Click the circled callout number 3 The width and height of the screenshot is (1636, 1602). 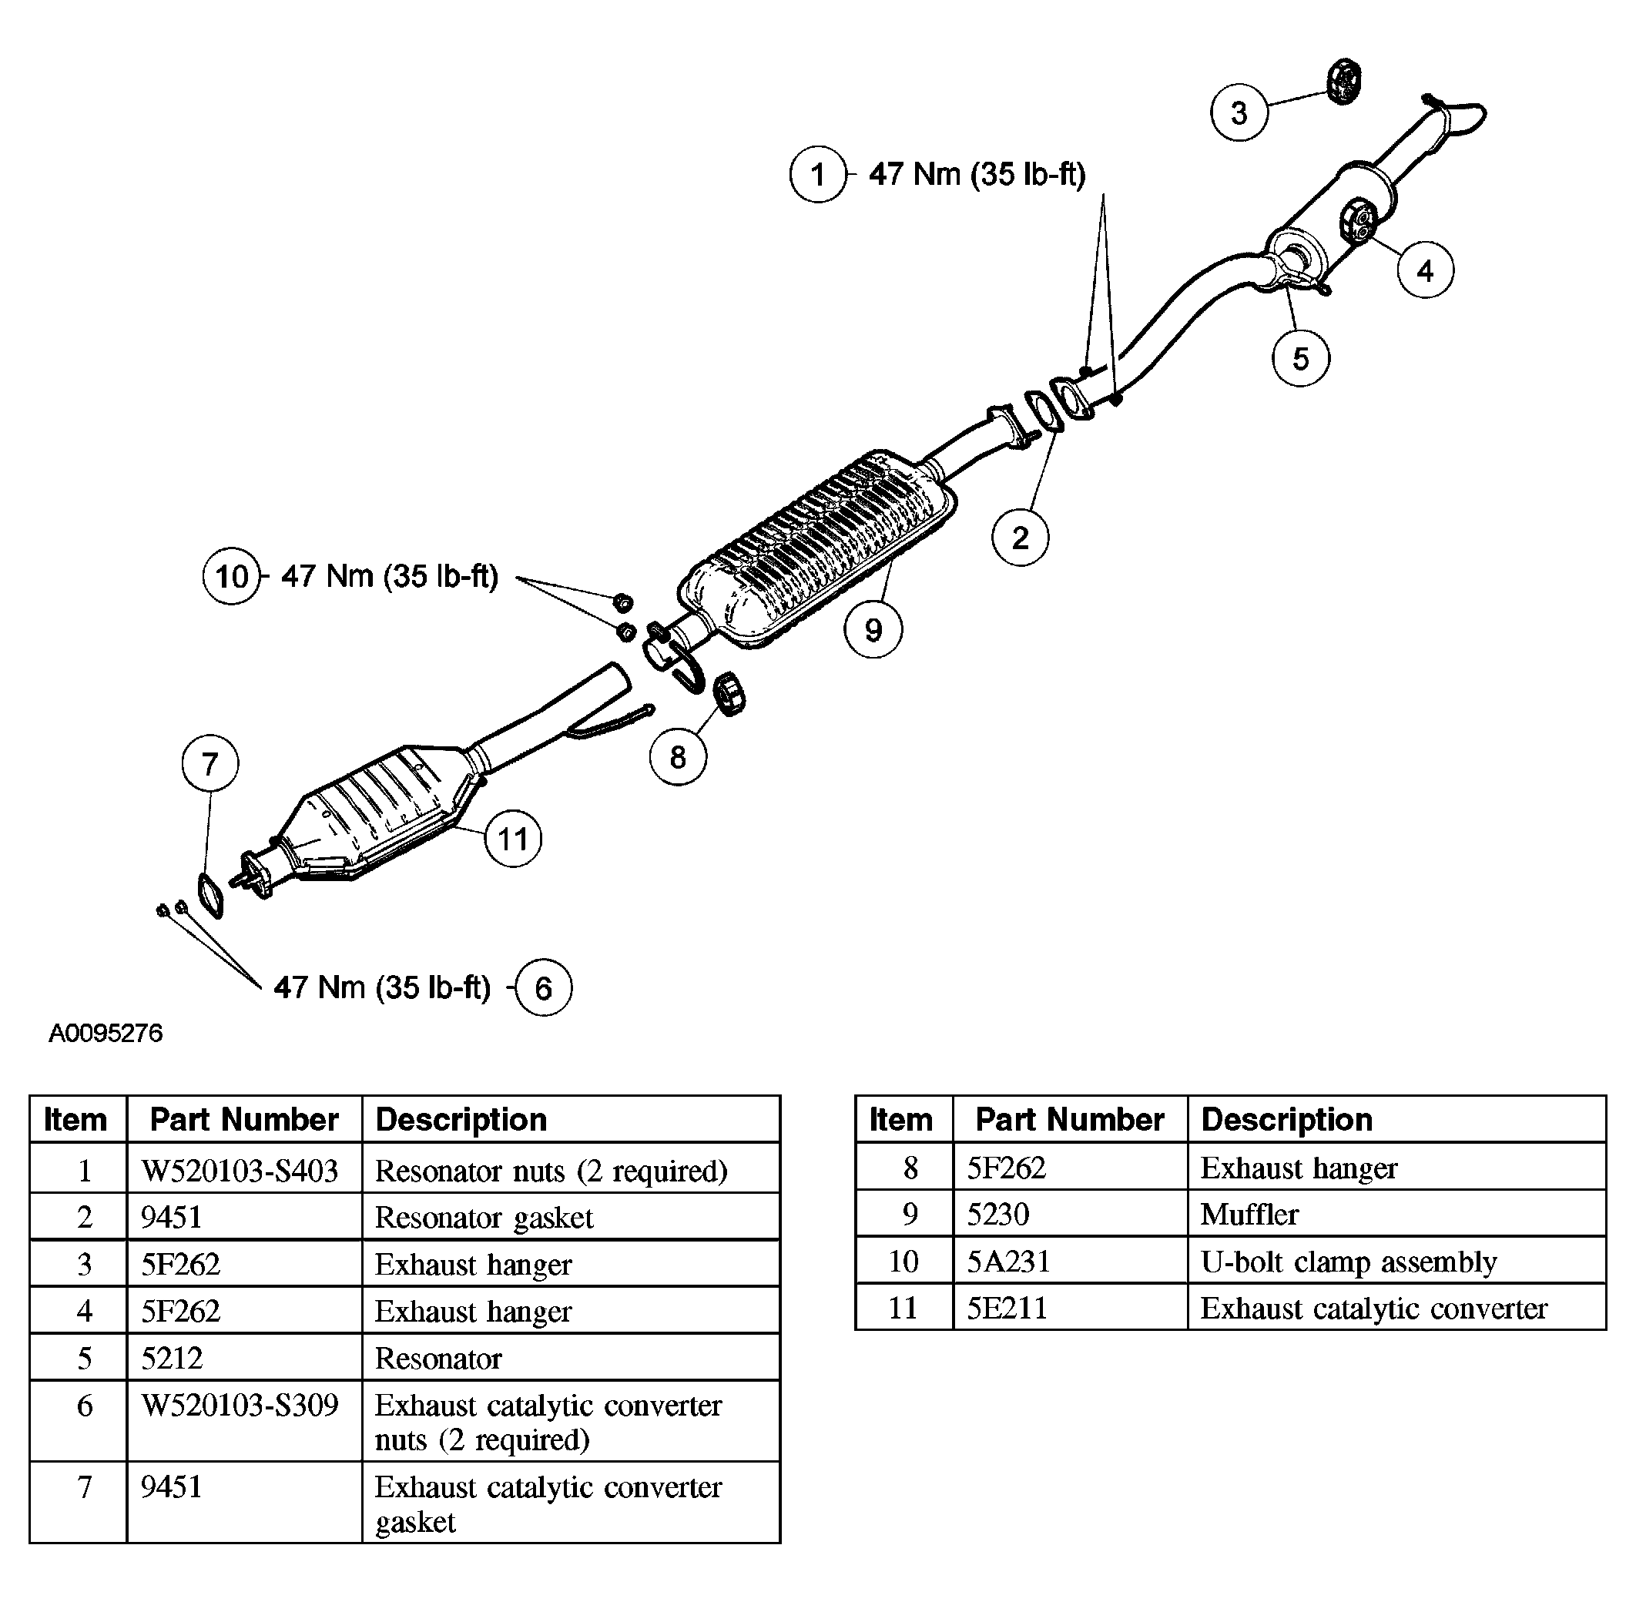click(x=1239, y=112)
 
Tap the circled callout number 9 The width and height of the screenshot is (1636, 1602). click(x=873, y=629)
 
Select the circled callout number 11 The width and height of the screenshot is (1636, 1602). click(x=512, y=839)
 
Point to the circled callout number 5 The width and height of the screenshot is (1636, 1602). click(x=1300, y=358)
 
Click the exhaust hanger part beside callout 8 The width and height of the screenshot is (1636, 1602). click(x=729, y=694)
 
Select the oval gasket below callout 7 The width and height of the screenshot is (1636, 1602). click(x=210, y=896)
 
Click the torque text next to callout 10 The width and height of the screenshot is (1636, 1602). click(x=389, y=576)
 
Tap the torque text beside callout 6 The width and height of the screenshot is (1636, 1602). click(x=382, y=987)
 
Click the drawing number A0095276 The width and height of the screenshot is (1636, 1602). click(x=106, y=1034)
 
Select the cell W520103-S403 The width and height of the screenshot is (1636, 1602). click(x=240, y=1171)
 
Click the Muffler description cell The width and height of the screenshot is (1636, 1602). click(x=1249, y=1214)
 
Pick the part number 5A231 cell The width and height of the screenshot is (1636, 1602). click(x=1008, y=1262)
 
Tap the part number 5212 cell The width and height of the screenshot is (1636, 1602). click(x=172, y=1358)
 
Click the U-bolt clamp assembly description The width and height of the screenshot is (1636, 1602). click(x=1348, y=1262)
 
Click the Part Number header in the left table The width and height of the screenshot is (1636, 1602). click(x=244, y=1120)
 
